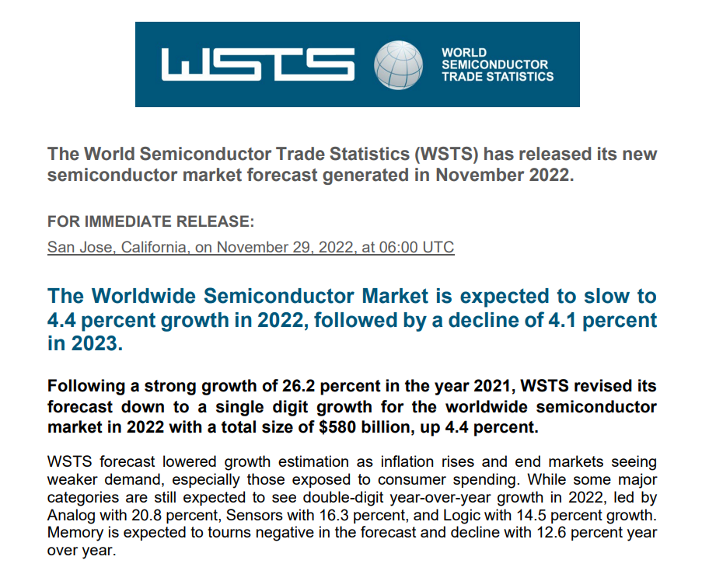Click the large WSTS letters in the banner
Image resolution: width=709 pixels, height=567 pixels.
pos(257,64)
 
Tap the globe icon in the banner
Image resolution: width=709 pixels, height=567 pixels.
pos(399,64)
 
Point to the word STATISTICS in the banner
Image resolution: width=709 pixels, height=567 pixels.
pos(519,76)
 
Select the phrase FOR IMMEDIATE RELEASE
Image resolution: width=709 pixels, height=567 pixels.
pos(151,222)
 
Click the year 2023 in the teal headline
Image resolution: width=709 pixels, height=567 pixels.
pos(95,343)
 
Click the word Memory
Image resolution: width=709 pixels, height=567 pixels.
pos(74,532)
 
